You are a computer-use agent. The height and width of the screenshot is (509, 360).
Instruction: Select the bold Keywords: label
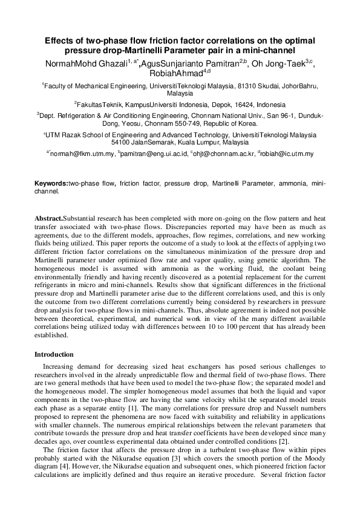click(51, 181)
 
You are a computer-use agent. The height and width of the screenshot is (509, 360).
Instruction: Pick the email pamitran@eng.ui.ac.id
click(154, 154)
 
